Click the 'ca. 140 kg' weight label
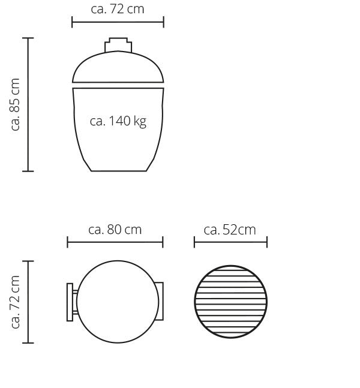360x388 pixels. pyautogui.click(x=118, y=121)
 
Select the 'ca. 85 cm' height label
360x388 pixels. pyautogui.click(x=16, y=104)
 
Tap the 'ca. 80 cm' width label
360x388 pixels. pyautogui.click(x=115, y=229)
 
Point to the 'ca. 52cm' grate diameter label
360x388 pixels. pyautogui.click(x=230, y=229)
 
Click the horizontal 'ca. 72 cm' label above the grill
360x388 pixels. pyautogui.click(x=118, y=9)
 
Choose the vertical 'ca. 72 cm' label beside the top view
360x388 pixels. pyautogui.click(x=16, y=302)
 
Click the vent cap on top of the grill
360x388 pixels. pyautogui.click(x=118, y=46)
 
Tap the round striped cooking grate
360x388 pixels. pyautogui.click(x=230, y=302)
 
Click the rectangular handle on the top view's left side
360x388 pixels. pyautogui.click(x=70, y=302)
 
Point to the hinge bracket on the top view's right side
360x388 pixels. pyautogui.click(x=159, y=302)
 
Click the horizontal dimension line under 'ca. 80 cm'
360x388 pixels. pyautogui.click(x=115, y=242)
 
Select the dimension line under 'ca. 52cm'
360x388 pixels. pyautogui.click(x=230, y=242)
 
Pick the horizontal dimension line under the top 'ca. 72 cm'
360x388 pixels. pyautogui.click(x=118, y=22)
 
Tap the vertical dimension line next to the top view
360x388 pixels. pyautogui.click(x=28, y=302)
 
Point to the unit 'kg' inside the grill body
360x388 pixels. pyautogui.click(x=140, y=122)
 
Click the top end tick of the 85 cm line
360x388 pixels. pyautogui.click(x=28, y=38)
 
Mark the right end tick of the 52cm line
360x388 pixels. pyautogui.click(x=267, y=242)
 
